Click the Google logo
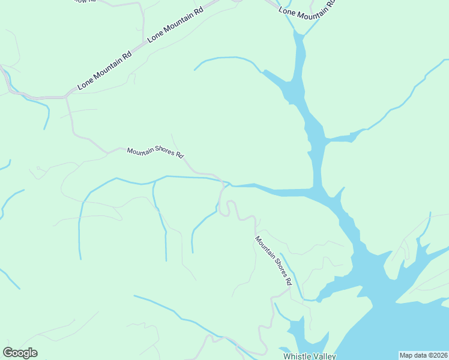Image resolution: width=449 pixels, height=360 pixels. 20,353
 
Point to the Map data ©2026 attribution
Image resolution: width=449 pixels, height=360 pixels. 423,355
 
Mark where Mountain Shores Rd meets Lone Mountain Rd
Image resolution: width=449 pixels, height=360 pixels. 67,96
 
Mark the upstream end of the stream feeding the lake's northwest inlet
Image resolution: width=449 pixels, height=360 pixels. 194,70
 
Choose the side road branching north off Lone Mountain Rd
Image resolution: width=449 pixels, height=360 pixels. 143,18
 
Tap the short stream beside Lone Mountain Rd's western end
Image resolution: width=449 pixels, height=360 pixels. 46,114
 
